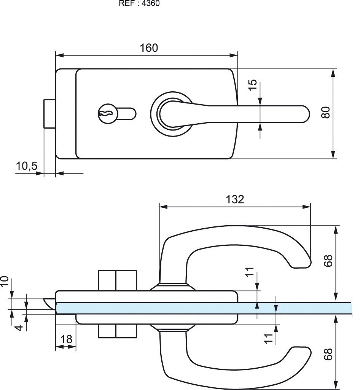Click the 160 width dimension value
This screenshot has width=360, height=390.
point(148,48)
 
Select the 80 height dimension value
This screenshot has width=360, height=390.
point(325,113)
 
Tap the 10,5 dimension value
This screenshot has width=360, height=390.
point(27,166)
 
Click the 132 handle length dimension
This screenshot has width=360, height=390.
point(235,199)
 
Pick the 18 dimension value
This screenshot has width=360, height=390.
point(66,339)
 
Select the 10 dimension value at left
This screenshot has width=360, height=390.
point(5,282)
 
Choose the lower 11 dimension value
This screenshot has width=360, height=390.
point(269,338)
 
